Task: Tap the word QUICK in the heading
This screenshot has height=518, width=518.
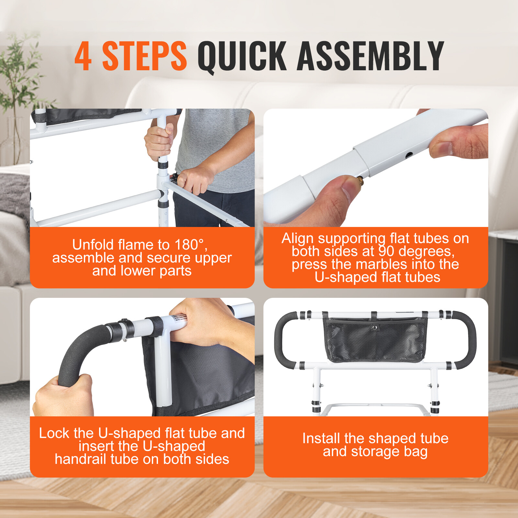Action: (x=242, y=56)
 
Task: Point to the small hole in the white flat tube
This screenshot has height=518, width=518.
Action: (x=409, y=155)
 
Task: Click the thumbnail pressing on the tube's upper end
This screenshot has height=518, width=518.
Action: (x=442, y=148)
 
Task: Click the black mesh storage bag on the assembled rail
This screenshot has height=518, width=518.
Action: (x=375, y=340)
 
